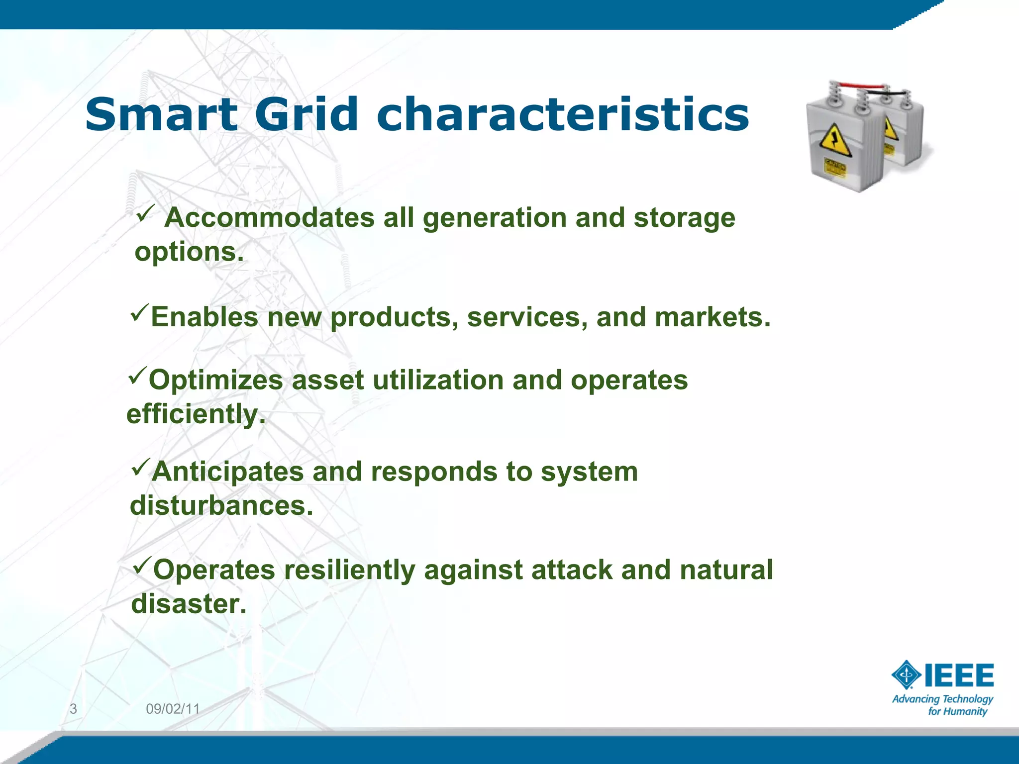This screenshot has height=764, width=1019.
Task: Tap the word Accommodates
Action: (269, 218)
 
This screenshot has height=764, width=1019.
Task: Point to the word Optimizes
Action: (216, 381)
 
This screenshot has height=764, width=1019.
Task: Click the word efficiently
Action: (196, 414)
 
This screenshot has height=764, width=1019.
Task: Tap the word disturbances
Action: (221, 506)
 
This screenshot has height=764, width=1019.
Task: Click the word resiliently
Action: (349, 570)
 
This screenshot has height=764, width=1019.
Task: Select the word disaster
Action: (189, 604)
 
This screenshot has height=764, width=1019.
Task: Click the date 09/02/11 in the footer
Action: (173, 709)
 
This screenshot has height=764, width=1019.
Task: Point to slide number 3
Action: (73, 709)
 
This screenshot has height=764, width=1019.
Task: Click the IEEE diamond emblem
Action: (907, 675)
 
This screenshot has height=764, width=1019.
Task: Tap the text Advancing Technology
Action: (942, 699)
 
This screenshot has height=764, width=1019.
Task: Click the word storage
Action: (684, 218)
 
